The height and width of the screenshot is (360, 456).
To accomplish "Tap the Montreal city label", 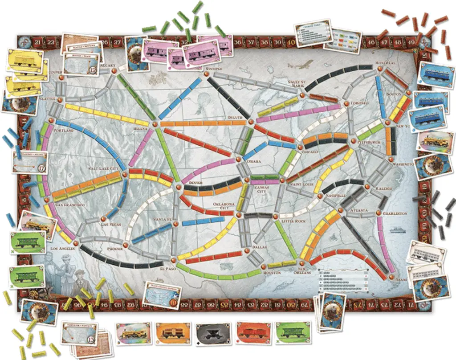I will pos(386,63).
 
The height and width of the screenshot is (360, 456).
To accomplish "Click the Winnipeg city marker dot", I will pos(206,74).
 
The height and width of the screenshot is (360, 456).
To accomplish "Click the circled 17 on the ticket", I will pos(43,168).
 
